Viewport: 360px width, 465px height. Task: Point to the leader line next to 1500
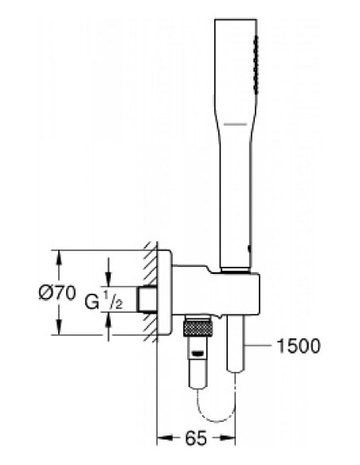(261, 345)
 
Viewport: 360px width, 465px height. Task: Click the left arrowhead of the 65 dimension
(160, 436)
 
